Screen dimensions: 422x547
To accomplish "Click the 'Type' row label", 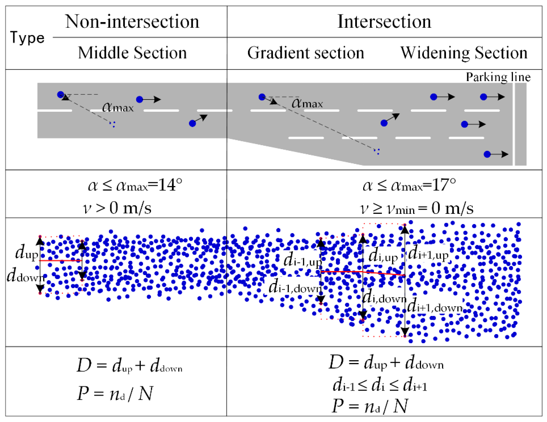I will (27, 38).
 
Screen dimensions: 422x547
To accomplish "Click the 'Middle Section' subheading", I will (132, 53).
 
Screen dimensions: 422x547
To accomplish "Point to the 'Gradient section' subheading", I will (305, 53).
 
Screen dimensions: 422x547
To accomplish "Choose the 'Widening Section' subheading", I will (464, 53).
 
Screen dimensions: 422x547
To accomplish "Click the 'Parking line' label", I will (498, 77).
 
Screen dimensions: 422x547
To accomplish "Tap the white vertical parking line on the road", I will (514, 124).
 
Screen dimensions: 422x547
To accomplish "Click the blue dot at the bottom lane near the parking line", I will (487, 154).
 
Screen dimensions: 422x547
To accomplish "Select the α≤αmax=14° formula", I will (135, 185).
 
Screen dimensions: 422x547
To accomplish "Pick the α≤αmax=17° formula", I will (409, 185).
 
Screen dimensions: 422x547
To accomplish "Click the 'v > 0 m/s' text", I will (117, 208).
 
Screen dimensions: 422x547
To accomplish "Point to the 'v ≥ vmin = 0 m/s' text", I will (416, 208).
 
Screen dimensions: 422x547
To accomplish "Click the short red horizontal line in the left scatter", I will (61, 261).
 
